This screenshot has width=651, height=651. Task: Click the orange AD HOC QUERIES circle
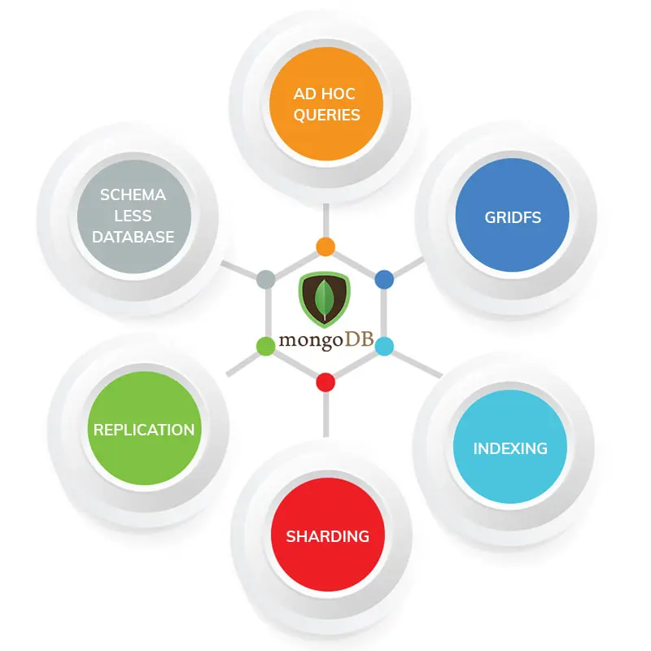click(x=326, y=104)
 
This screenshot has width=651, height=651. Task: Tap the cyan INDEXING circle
click(x=509, y=448)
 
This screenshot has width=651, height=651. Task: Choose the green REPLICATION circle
click(x=144, y=430)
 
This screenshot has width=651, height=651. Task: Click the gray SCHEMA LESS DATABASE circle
click(x=133, y=216)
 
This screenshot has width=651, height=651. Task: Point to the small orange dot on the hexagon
click(x=325, y=247)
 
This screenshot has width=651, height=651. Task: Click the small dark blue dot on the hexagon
click(x=384, y=279)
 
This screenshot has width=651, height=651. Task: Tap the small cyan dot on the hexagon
click(x=384, y=347)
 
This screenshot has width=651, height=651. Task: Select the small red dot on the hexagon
click(x=325, y=382)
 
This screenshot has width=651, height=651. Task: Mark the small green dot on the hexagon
click(x=266, y=347)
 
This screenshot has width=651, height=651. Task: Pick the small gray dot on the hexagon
click(x=265, y=280)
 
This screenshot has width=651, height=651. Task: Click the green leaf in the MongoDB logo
click(x=325, y=298)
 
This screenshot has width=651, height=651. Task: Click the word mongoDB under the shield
click(x=325, y=338)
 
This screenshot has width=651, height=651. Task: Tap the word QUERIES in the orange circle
click(x=326, y=115)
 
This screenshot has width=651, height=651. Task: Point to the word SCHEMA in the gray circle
click(x=133, y=195)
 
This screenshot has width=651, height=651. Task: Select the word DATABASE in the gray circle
click(x=133, y=237)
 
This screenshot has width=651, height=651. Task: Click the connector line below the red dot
click(x=325, y=415)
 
